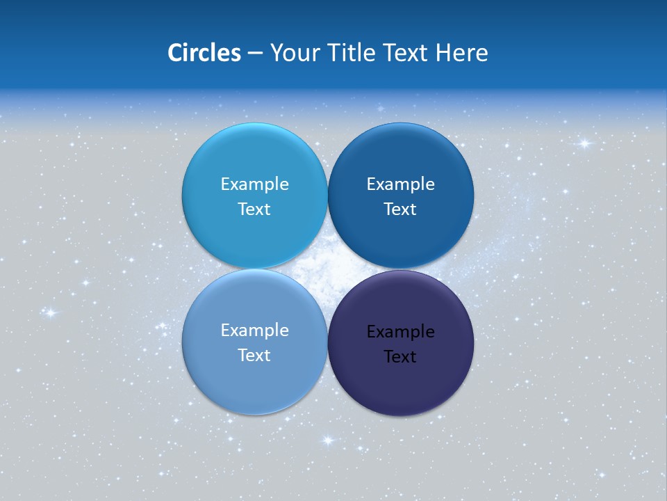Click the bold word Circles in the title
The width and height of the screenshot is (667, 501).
pyautogui.click(x=204, y=53)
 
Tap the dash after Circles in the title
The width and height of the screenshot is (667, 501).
pyautogui.click(x=255, y=54)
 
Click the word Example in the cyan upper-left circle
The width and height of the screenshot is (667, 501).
pyautogui.click(x=254, y=184)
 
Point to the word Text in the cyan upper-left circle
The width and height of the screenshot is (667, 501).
pyautogui.click(x=254, y=209)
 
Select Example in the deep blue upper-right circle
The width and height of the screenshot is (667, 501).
pyautogui.click(x=401, y=184)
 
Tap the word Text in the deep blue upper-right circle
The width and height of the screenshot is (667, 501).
pyautogui.click(x=400, y=209)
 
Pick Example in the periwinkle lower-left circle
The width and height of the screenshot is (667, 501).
pyautogui.click(x=254, y=331)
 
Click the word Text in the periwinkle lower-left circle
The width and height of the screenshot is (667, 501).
pyautogui.click(x=254, y=356)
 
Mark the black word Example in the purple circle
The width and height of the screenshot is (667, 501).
pyautogui.click(x=401, y=332)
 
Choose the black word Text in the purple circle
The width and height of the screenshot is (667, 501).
pyautogui.click(x=400, y=357)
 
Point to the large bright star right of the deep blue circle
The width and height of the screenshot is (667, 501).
pyautogui.click(x=584, y=144)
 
